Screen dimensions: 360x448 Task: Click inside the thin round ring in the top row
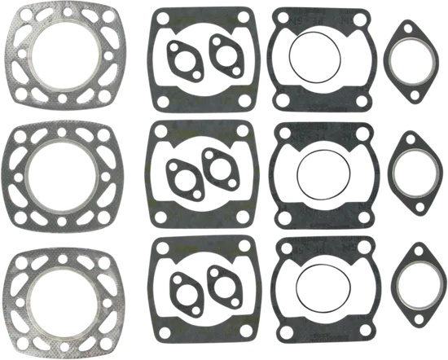[313, 60]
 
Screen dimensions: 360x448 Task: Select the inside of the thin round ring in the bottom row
[314, 291]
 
